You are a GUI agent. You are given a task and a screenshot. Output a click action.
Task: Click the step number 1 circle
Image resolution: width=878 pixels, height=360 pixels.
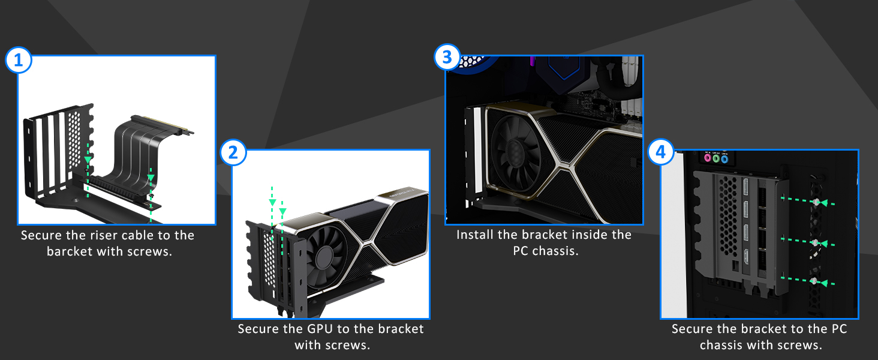pyautogui.click(x=19, y=61)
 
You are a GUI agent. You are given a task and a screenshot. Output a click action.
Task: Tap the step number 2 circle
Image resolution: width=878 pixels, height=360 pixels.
pyautogui.click(x=233, y=153)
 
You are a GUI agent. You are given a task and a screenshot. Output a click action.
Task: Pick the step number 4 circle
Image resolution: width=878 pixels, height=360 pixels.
pyautogui.click(x=661, y=153)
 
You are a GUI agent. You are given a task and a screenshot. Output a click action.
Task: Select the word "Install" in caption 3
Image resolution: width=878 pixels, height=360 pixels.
pyautogui.click(x=476, y=235)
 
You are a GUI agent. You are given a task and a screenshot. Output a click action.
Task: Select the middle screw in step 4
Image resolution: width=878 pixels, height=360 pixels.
pyautogui.click(x=815, y=243)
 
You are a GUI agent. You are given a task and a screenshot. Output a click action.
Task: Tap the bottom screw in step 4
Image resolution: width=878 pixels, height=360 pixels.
pyautogui.click(x=814, y=281)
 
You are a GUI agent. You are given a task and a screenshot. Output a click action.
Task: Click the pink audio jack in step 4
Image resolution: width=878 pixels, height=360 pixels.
pyautogui.click(x=706, y=160)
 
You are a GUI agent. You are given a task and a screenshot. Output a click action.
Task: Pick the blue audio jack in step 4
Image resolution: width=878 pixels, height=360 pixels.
pyautogui.click(x=724, y=160)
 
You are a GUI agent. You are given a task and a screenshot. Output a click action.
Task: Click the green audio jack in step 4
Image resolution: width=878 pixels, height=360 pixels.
pyautogui.click(x=715, y=160)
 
